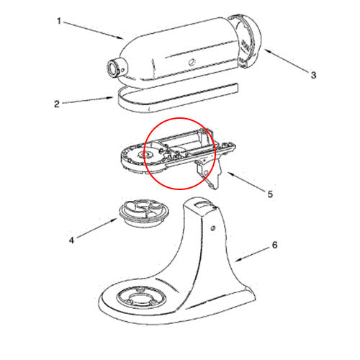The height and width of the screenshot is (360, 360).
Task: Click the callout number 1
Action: (59, 21)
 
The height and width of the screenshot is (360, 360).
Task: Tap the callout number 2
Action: (57, 104)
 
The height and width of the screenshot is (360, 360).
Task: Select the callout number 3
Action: (313, 75)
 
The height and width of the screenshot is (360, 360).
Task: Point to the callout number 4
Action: (71, 240)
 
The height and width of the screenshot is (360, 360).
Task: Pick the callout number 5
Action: (270, 194)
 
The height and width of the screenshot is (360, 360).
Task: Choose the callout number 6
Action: (275, 245)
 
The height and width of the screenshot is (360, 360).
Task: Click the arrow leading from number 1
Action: (94, 30)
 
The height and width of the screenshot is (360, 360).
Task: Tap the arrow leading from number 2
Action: (88, 100)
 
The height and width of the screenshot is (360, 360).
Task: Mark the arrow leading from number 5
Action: (246, 181)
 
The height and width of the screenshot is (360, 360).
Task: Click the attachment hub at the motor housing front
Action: (117, 68)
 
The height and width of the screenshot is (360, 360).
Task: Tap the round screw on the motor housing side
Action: (192, 62)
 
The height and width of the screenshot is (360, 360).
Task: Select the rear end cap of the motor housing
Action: (247, 41)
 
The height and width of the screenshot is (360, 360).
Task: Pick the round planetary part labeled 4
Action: (145, 213)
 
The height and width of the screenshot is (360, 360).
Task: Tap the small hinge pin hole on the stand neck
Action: (212, 228)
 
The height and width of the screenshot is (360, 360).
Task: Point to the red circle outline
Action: (179, 118)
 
